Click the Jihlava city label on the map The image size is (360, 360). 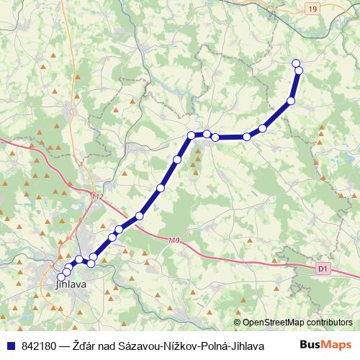[x=71, y=284]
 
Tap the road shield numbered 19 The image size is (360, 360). [x=311, y=9]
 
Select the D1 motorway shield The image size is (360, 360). [x=322, y=269]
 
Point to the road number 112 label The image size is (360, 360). [x=98, y=197]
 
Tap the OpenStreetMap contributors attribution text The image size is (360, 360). [x=297, y=323]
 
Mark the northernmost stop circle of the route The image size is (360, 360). [x=295, y=63]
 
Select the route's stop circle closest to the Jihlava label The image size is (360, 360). [x=62, y=277]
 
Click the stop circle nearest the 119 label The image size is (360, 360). [x=140, y=216]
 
